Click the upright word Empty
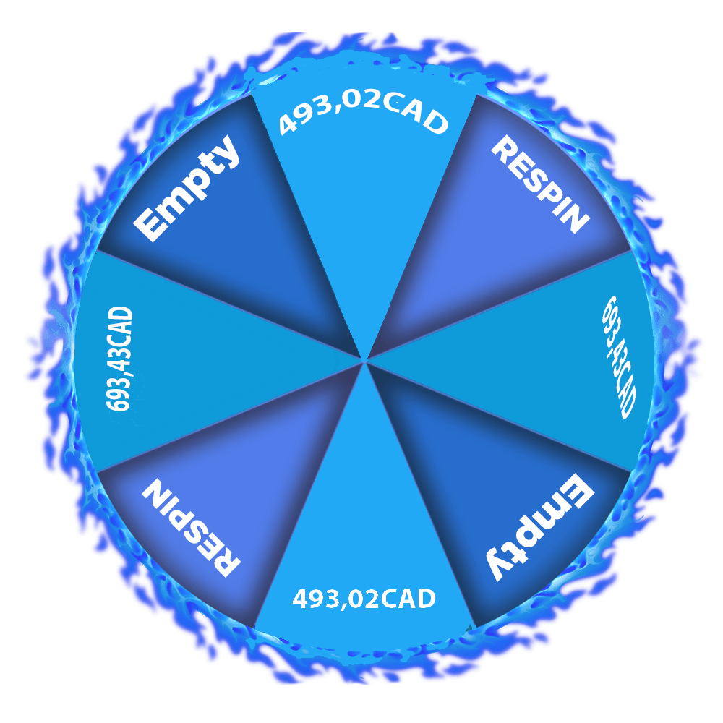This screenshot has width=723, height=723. pos(187,188)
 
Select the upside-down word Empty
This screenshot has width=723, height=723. pos(540,528)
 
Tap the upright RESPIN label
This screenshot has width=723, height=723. pos(540,184)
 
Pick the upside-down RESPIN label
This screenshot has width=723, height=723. pos(191,528)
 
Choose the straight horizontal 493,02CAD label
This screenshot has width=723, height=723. pos(364,599)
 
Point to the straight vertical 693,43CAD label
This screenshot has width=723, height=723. pos(120,359)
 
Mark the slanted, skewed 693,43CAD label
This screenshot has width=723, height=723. pos(620,357)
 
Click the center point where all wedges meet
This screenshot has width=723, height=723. pos(364,359)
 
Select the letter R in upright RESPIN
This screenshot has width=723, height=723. pos(503,148)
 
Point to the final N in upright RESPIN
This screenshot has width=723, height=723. pos(576,221)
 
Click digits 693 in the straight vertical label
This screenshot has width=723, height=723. pos(119,393)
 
